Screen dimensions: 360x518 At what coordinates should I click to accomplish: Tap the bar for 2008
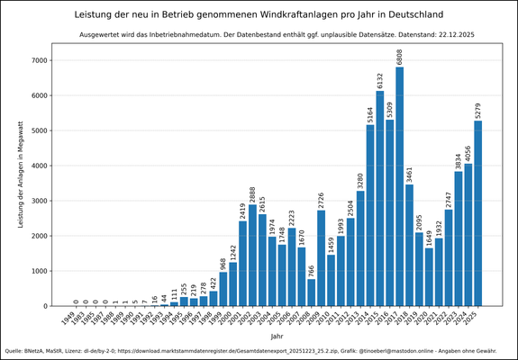(311, 292)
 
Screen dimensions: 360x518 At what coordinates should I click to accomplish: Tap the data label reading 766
(311, 270)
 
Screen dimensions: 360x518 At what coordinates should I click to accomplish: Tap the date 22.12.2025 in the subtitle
(450, 34)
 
